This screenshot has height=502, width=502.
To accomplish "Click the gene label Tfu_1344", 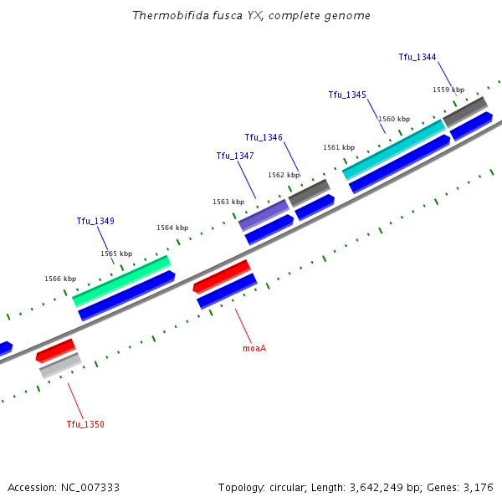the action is [x=417, y=57].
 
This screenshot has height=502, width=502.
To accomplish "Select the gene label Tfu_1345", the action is [x=347, y=95].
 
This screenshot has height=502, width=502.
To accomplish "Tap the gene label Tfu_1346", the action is [x=264, y=137].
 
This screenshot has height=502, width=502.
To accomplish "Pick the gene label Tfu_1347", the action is [x=235, y=156].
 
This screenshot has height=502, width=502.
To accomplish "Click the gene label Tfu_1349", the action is [x=95, y=221].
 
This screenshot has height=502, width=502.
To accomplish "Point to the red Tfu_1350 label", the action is [x=85, y=424].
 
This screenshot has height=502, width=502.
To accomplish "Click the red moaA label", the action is [x=254, y=347].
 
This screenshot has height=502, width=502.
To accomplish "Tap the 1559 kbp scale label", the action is [x=448, y=90].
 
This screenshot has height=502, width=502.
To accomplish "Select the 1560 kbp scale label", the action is [x=394, y=119].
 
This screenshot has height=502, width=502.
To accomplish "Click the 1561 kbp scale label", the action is [x=339, y=147].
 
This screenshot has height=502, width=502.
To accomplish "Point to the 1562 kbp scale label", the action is [x=284, y=175].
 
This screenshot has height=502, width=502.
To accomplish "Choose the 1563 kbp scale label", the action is [x=228, y=202].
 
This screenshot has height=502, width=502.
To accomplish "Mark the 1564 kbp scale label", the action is [x=172, y=228].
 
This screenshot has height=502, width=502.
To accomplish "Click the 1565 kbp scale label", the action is [x=116, y=254].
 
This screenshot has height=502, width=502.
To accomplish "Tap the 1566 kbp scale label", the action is [x=60, y=279].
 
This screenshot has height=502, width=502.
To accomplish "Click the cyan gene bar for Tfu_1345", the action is [x=393, y=150].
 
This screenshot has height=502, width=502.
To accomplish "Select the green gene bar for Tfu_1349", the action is [x=121, y=281].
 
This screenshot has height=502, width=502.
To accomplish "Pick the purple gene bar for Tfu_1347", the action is [x=264, y=215].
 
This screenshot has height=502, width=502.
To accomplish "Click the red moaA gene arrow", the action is [x=222, y=276].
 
